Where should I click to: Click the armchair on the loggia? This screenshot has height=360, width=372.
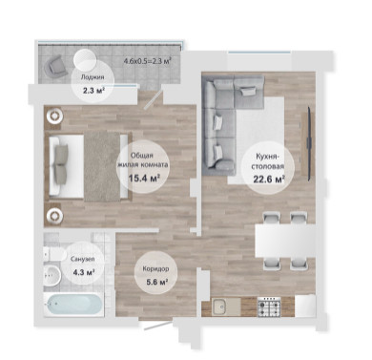57,66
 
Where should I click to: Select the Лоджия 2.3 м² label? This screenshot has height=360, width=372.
93,84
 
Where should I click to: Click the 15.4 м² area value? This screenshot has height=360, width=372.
144,179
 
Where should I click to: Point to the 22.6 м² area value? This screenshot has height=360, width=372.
269,179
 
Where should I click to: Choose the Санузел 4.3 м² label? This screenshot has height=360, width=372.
82,265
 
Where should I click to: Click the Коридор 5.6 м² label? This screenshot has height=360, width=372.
155,275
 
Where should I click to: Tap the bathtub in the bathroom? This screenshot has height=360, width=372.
73,305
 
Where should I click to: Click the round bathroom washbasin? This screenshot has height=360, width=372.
52,275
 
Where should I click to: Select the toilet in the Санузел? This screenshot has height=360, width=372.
54,254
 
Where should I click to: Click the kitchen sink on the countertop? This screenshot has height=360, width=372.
218,307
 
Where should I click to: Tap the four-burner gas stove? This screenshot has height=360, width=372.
269,307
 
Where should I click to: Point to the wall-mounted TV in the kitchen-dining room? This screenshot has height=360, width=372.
308,144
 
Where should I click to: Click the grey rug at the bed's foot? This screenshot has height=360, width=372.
102,166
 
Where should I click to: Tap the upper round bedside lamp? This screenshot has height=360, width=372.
55,116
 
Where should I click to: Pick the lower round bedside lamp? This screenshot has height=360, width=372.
55,217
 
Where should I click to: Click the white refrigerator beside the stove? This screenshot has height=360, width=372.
305,306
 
